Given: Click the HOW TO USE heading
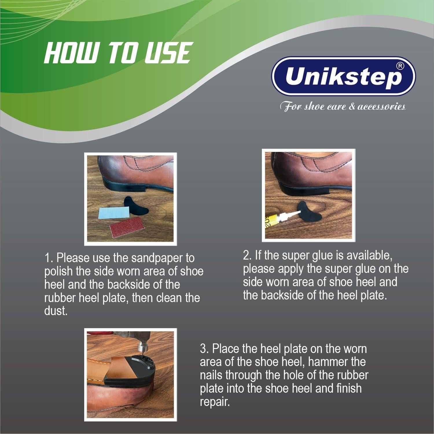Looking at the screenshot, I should click(x=117, y=53).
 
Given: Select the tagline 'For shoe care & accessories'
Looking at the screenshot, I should click(x=343, y=107).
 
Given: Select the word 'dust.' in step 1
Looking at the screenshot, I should click(x=56, y=311).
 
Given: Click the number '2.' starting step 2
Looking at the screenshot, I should click(x=247, y=255).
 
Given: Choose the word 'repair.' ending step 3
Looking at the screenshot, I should click(x=215, y=402).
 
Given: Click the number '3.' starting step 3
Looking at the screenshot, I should click(x=204, y=349).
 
